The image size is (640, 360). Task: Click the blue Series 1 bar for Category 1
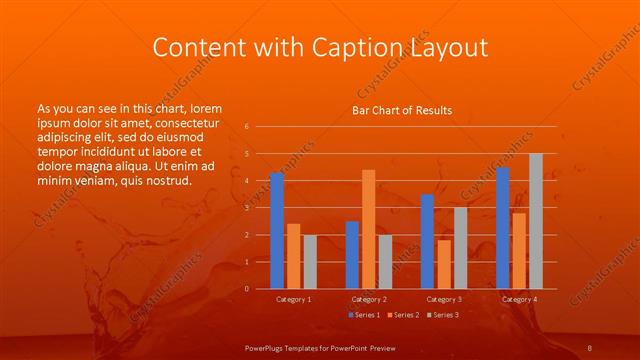click(x=277, y=231)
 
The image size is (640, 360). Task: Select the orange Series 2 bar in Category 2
click(x=369, y=229)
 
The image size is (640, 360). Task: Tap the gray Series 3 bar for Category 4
click(x=536, y=221)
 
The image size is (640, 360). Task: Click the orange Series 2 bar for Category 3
click(x=443, y=264)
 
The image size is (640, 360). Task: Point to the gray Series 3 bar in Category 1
click(x=310, y=262)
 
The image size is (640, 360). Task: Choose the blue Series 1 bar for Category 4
click(x=502, y=228)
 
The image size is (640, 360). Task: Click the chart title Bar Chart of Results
click(x=401, y=110)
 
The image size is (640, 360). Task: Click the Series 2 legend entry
click(x=403, y=315)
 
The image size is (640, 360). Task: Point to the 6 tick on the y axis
click(x=246, y=127)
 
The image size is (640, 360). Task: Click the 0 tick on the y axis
click(x=246, y=289)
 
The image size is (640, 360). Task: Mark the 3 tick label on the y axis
click(x=246, y=208)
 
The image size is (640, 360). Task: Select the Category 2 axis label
click(x=368, y=299)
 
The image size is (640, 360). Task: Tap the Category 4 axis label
click(x=518, y=299)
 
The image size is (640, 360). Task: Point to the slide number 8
click(x=590, y=346)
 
